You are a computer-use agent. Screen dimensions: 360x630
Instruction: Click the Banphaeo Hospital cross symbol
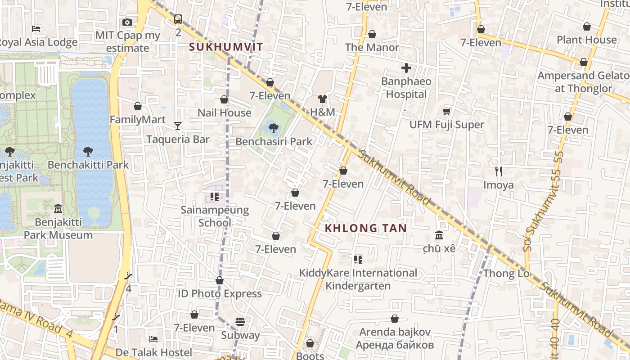pos(406,68)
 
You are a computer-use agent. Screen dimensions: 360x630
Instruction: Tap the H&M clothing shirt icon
pos(322,99)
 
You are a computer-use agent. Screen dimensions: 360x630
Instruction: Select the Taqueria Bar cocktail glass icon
pos(178,126)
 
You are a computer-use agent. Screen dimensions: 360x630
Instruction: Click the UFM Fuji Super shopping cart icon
pos(447,111)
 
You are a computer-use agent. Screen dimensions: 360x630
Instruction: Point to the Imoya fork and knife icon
pos(498,171)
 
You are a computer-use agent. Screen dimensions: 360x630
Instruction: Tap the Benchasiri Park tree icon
pos(273,128)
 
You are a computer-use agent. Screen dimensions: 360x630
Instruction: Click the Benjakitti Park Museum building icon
pos(58,209)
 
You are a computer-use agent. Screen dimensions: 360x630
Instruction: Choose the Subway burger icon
pos(240,322)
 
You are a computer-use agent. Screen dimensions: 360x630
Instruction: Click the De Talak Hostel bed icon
pos(153,339)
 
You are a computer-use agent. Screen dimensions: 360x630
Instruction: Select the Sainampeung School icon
pos(215,197)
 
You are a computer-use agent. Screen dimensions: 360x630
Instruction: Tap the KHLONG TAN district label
pos(365,228)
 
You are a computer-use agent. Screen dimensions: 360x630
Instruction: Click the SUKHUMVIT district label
pos(226,47)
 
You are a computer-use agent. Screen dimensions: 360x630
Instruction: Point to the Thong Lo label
pos(506,274)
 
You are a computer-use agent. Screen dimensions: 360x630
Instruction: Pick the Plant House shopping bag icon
pos(586,27)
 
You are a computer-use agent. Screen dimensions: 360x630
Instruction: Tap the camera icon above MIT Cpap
pos(127,22)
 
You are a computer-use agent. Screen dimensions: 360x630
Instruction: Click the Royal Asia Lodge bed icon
pos(36,29)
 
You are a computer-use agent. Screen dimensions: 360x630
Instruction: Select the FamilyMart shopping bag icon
pos(138,106)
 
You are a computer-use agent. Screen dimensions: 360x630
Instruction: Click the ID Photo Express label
pos(220,294)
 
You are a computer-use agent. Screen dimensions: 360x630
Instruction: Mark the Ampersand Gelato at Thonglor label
pos(583,82)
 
